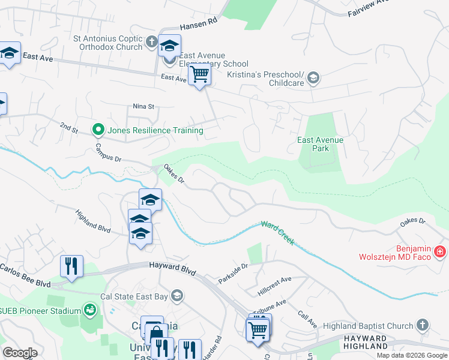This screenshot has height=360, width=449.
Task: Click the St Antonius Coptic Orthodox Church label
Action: [108, 42]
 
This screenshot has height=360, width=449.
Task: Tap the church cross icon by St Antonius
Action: [151, 43]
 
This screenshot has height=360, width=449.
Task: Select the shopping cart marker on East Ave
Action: [199, 75]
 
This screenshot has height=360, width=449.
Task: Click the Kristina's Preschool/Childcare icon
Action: [313, 78]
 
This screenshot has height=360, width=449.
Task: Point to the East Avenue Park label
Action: [321, 144]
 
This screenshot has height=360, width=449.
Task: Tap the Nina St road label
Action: [143, 106]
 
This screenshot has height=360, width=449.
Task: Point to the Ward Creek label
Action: [277, 232]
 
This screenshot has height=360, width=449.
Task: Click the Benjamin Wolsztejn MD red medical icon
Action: [440, 251]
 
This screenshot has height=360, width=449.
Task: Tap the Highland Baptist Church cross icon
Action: [422, 326]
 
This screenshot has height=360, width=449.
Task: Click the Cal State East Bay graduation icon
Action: [177, 295]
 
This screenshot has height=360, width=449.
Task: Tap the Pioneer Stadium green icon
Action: [89, 310]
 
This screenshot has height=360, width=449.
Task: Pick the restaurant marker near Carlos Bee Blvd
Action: [71, 265]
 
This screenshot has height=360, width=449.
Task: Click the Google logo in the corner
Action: [20, 353]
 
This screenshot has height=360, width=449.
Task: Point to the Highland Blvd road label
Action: [93, 221]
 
